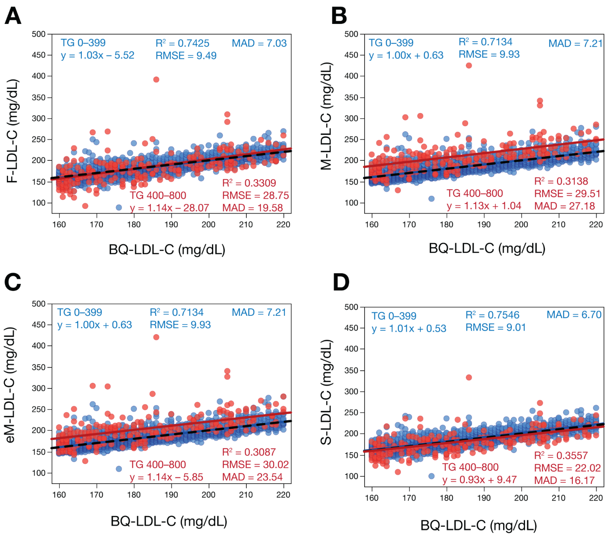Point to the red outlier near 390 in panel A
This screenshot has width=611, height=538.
pyautogui.click(x=156, y=79)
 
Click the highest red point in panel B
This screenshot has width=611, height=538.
pyautogui.click(x=469, y=65)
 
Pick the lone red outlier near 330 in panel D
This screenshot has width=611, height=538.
pyautogui.click(x=469, y=377)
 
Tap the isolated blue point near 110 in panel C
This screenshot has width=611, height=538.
pyautogui.click(x=119, y=469)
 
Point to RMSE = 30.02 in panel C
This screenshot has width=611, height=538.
pyautogui.click(x=255, y=465)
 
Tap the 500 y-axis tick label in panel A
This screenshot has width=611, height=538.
pyautogui.click(x=39, y=34)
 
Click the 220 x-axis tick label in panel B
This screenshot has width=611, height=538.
pyautogui.click(x=596, y=225)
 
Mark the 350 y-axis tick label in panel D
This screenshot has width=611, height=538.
pyautogui.click(x=351, y=370)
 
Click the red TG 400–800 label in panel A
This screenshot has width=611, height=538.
pyautogui.click(x=158, y=195)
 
